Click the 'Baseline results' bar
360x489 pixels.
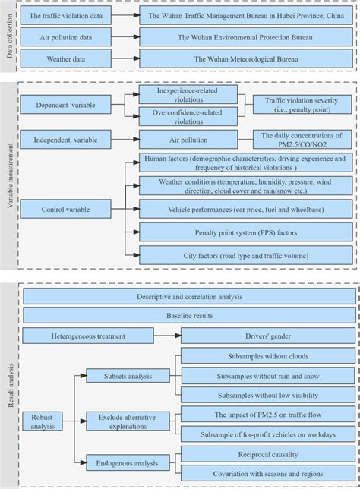[x=190, y=314]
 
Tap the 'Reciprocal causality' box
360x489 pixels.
[x=267, y=455]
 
